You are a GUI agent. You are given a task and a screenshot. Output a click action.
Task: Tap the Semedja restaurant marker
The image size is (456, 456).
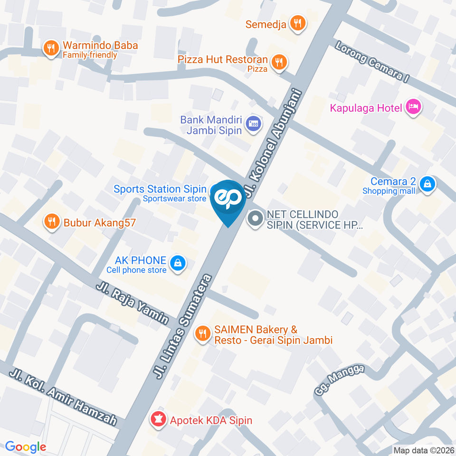point(298,22)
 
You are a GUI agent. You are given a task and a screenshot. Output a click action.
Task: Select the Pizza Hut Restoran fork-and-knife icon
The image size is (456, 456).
point(278,62)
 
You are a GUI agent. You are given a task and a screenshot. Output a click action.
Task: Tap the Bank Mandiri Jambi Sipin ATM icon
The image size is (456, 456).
point(253,124)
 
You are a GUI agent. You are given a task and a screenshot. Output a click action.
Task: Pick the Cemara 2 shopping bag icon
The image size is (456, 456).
point(427,183)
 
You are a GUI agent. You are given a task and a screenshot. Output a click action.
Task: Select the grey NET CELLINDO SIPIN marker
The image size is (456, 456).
point(256,219)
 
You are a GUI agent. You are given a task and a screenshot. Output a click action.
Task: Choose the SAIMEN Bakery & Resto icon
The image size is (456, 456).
point(203,333)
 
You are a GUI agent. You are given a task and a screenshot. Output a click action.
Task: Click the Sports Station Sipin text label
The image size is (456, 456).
point(160,189)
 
